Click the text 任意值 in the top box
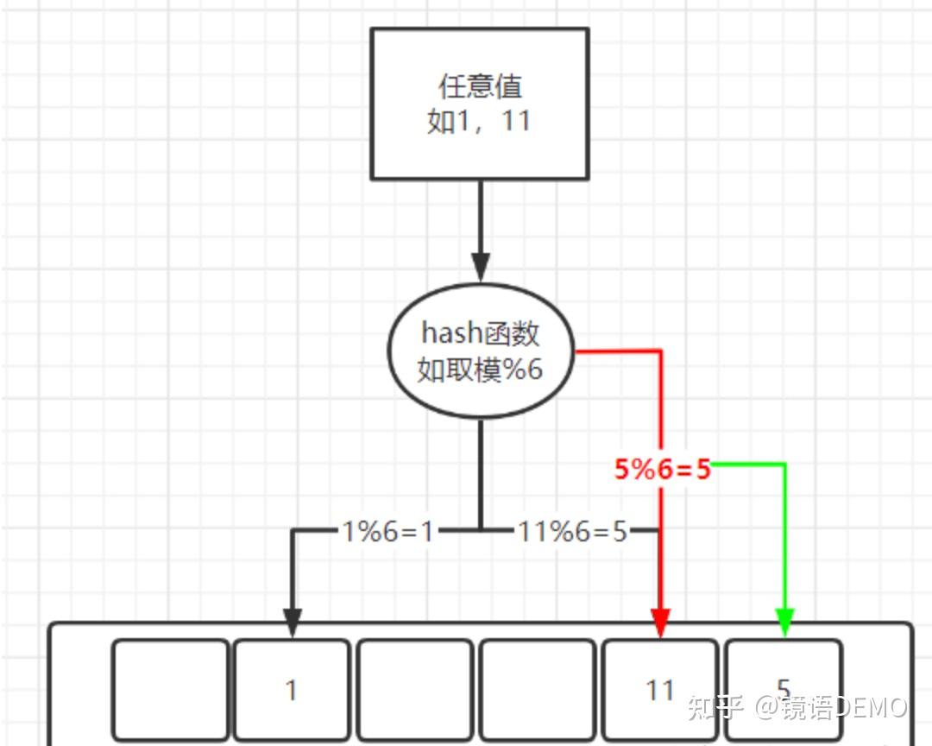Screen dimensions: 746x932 click(x=481, y=86)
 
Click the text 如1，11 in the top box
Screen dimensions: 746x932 click(x=480, y=122)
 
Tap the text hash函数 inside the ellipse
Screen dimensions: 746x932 click(x=481, y=333)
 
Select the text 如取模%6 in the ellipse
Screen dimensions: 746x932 click(x=481, y=370)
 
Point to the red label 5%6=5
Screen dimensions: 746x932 click(x=663, y=469)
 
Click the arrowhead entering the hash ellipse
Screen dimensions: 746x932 click(x=481, y=265)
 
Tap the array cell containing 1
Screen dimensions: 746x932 click(x=292, y=689)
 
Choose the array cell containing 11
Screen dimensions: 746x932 click(x=659, y=689)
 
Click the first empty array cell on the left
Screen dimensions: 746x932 click(x=171, y=689)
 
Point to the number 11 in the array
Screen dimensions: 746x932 click(x=659, y=690)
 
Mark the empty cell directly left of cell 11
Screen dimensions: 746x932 click(x=538, y=689)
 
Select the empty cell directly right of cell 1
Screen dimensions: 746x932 click(x=415, y=689)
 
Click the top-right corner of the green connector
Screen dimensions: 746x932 click(x=784, y=465)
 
